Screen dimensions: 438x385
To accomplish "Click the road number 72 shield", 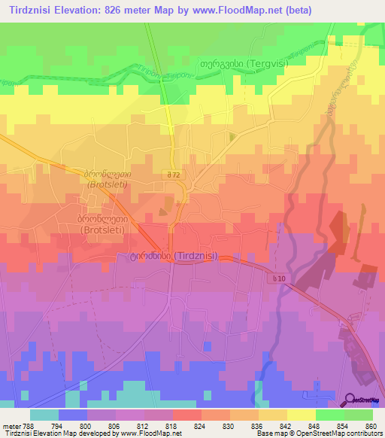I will point(174,175).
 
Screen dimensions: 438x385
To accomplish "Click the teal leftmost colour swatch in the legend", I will point(44,415).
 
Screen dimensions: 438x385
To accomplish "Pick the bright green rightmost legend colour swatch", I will point(359,415).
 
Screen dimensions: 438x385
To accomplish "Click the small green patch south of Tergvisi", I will point(231,136).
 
